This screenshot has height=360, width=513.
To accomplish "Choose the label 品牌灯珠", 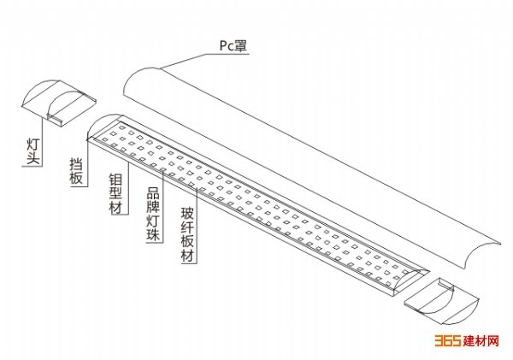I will [x=151, y=215].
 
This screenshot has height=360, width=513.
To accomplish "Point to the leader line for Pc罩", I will [x=184, y=58].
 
